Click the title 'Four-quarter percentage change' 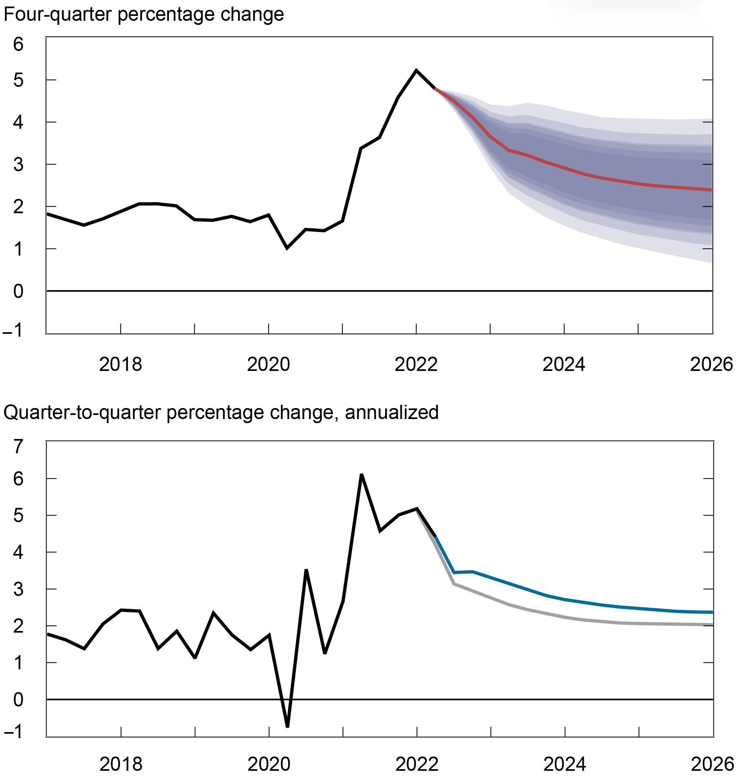pyautogui.click(x=143, y=15)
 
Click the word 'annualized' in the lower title pyautogui.click(x=392, y=413)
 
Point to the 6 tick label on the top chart pyautogui.click(x=18, y=44)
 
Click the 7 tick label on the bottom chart pyautogui.click(x=18, y=447)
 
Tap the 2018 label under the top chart pyautogui.click(x=120, y=364)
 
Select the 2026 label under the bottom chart pyautogui.click(x=712, y=764)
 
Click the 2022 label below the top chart pyautogui.click(x=416, y=364)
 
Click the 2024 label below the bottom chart pyautogui.click(x=564, y=764)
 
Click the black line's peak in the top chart pyautogui.click(x=416, y=70)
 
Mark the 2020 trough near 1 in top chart pyautogui.click(x=287, y=248)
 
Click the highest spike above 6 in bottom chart pyautogui.click(x=361, y=474)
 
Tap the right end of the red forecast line pyautogui.click(x=711, y=190)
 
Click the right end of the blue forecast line pyautogui.click(x=712, y=612)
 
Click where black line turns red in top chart pyautogui.click(x=435, y=88)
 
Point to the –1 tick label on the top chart pyautogui.click(x=13, y=330)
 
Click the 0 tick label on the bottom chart pyautogui.click(x=18, y=700)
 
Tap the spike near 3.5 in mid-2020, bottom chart pyautogui.click(x=306, y=570)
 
